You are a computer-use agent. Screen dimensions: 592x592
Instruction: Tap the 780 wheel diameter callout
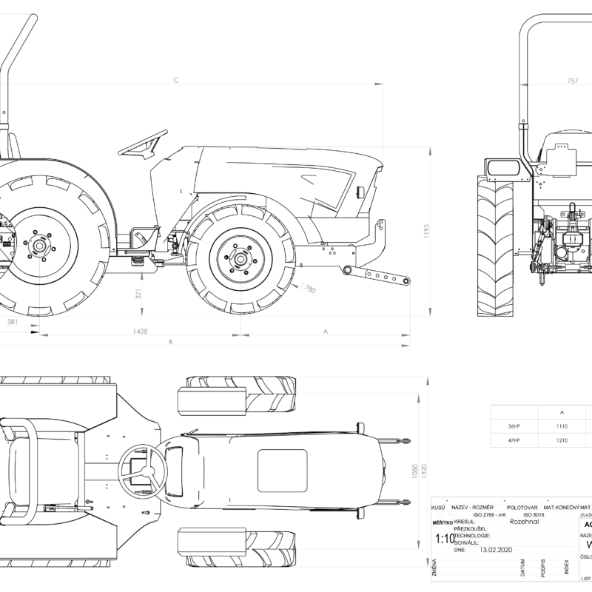309,289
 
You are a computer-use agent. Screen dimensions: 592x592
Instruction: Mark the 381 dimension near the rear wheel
12,323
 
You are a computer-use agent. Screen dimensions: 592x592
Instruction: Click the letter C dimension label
176,80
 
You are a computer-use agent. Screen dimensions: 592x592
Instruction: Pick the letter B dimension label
171,342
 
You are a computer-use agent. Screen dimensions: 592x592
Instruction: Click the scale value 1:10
445,539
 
